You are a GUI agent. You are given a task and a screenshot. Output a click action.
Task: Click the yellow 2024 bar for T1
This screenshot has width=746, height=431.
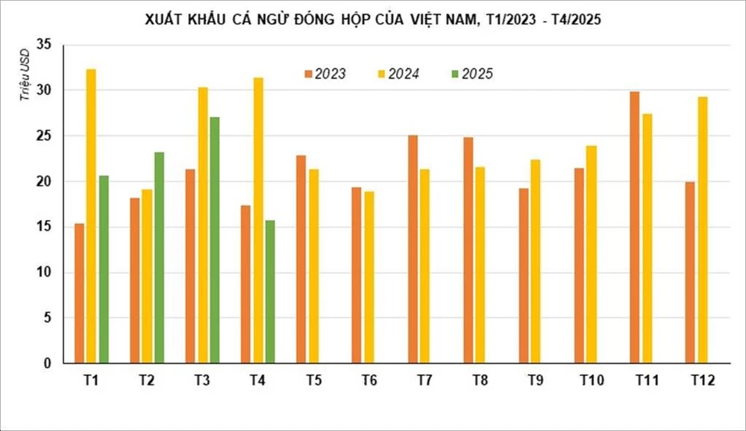tap(91, 216)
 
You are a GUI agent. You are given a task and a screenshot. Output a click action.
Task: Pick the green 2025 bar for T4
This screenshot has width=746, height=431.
tap(270, 292)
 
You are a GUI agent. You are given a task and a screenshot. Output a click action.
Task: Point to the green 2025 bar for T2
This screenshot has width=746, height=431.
tap(159, 257)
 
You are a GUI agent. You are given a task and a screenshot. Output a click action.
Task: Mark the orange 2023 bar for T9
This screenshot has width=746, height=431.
tap(524, 276)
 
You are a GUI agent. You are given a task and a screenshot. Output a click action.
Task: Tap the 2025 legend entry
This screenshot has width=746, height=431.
tap(472, 74)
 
